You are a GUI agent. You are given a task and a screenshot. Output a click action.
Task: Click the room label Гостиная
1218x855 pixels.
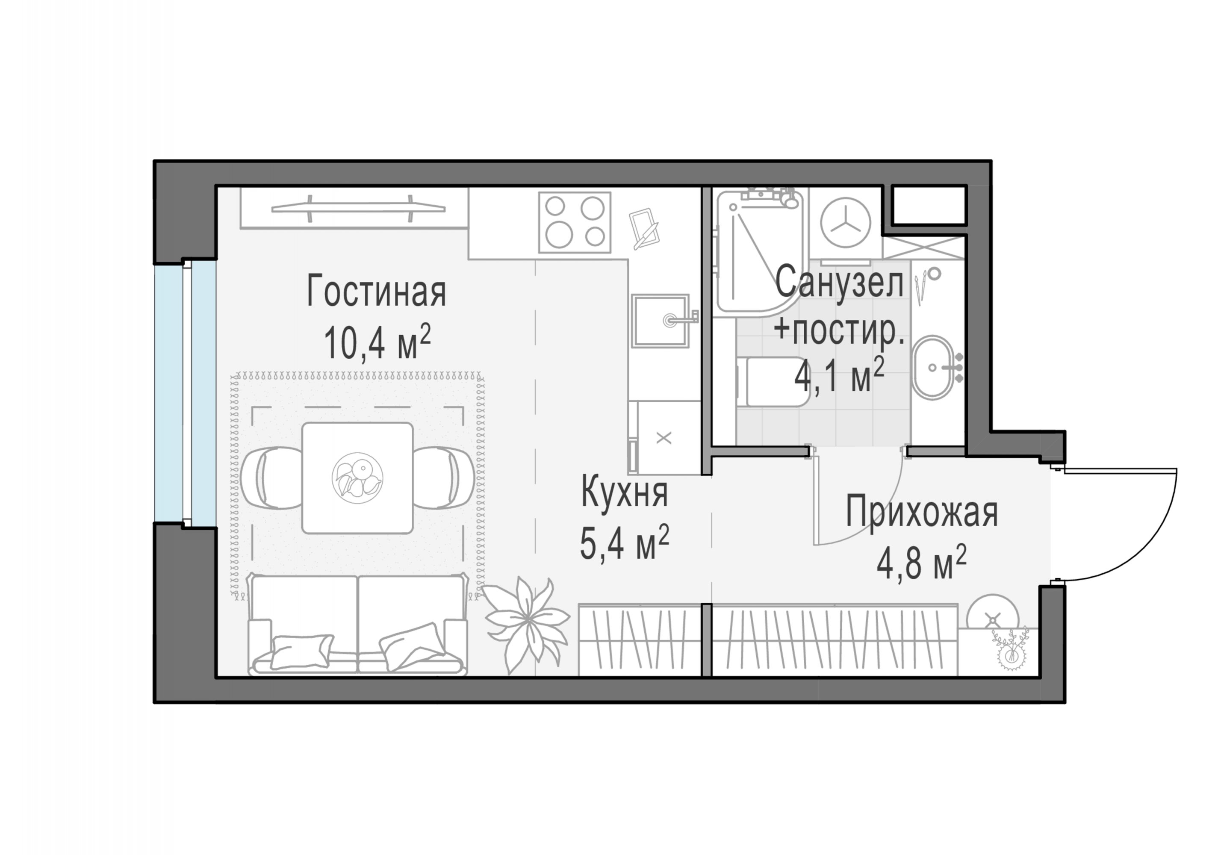376,291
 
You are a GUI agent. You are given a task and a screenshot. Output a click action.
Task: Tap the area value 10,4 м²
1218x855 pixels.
377,342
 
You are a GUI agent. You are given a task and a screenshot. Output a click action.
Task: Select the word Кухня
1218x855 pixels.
624,492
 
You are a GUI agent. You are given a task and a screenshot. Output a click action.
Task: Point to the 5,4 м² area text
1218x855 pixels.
624,542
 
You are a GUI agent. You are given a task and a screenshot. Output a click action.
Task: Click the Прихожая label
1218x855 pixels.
921,511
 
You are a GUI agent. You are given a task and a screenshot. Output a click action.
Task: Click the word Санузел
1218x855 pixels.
839,283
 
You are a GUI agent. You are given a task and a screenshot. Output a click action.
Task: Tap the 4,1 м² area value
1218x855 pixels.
839,374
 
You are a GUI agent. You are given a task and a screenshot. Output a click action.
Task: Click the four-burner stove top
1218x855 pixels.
575,222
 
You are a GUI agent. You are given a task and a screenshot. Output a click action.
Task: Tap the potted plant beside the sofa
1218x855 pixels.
525,622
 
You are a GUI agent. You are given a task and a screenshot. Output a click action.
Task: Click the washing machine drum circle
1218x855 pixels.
846,222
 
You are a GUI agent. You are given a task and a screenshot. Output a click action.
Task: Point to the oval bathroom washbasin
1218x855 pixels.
932,367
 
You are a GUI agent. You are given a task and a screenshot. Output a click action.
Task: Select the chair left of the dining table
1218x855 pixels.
271,478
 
